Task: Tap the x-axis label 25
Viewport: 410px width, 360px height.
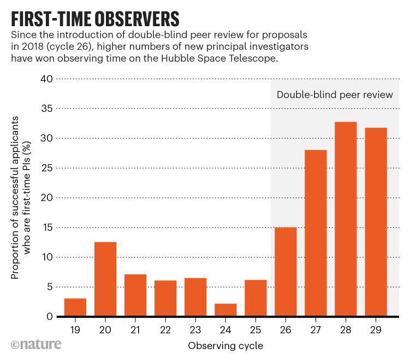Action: tap(255, 329)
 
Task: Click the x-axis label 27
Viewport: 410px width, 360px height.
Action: tap(316, 329)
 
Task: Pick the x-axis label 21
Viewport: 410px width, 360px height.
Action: tap(135, 329)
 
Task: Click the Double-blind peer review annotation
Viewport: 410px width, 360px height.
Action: tap(335, 94)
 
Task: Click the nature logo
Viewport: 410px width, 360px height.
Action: tap(35, 345)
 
